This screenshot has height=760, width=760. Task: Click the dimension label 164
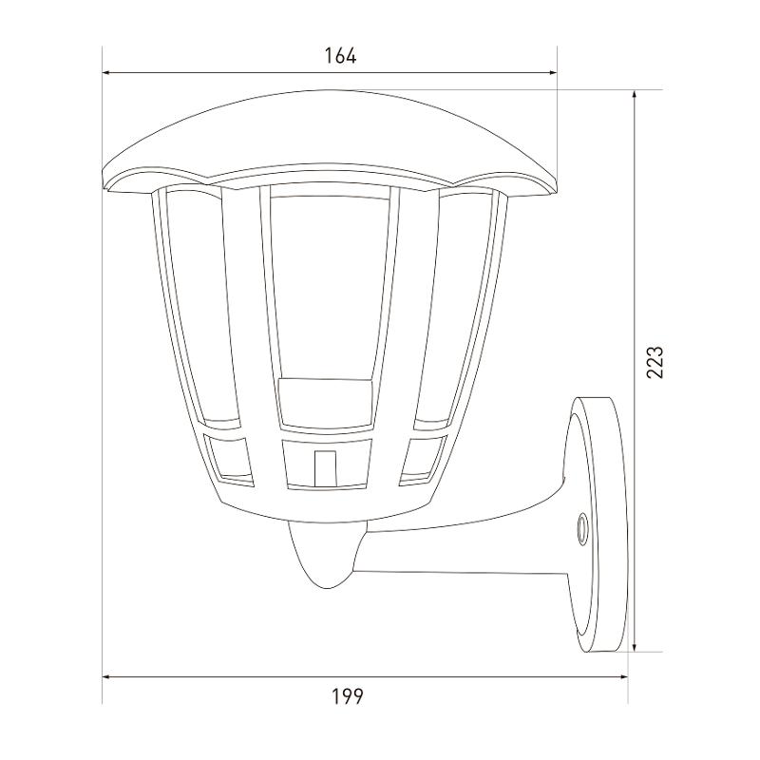[340, 56]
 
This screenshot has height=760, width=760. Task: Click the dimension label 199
[347, 697]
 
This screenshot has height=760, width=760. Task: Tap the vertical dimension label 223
[655, 362]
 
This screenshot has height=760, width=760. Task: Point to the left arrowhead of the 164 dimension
[108, 73]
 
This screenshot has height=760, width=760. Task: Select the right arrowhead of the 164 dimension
[551, 73]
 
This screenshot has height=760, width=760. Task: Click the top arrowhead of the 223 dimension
[635, 96]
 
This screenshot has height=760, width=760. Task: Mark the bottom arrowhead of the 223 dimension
[635, 646]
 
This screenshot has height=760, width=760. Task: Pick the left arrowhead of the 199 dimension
[108, 676]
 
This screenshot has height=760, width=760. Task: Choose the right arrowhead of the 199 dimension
[622, 676]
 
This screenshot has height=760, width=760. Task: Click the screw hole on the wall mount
[580, 525]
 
